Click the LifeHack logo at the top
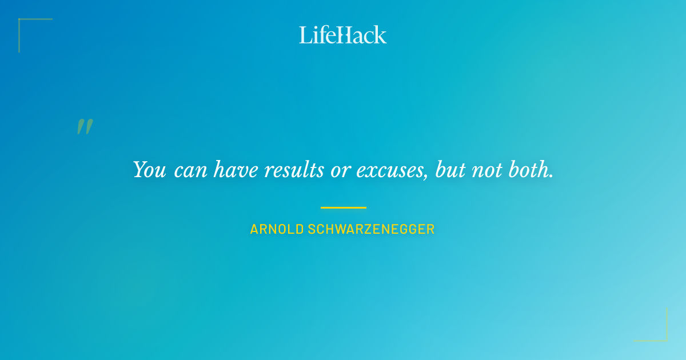(x=343, y=35)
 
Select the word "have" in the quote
(x=235, y=170)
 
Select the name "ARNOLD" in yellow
(x=277, y=230)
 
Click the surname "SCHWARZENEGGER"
(x=372, y=230)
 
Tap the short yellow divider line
(x=343, y=207)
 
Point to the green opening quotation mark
(x=85, y=127)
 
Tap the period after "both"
(x=551, y=175)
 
